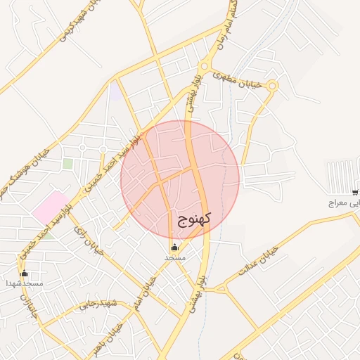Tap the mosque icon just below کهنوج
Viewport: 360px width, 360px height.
(x=174, y=247)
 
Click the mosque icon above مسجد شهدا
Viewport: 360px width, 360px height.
(x=25, y=273)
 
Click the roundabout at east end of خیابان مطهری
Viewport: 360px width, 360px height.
(x=272, y=86)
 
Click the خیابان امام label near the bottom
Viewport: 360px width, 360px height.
(x=155, y=289)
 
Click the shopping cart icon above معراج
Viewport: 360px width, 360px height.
(x=355, y=192)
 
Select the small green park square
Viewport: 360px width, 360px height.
(x=67, y=163)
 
